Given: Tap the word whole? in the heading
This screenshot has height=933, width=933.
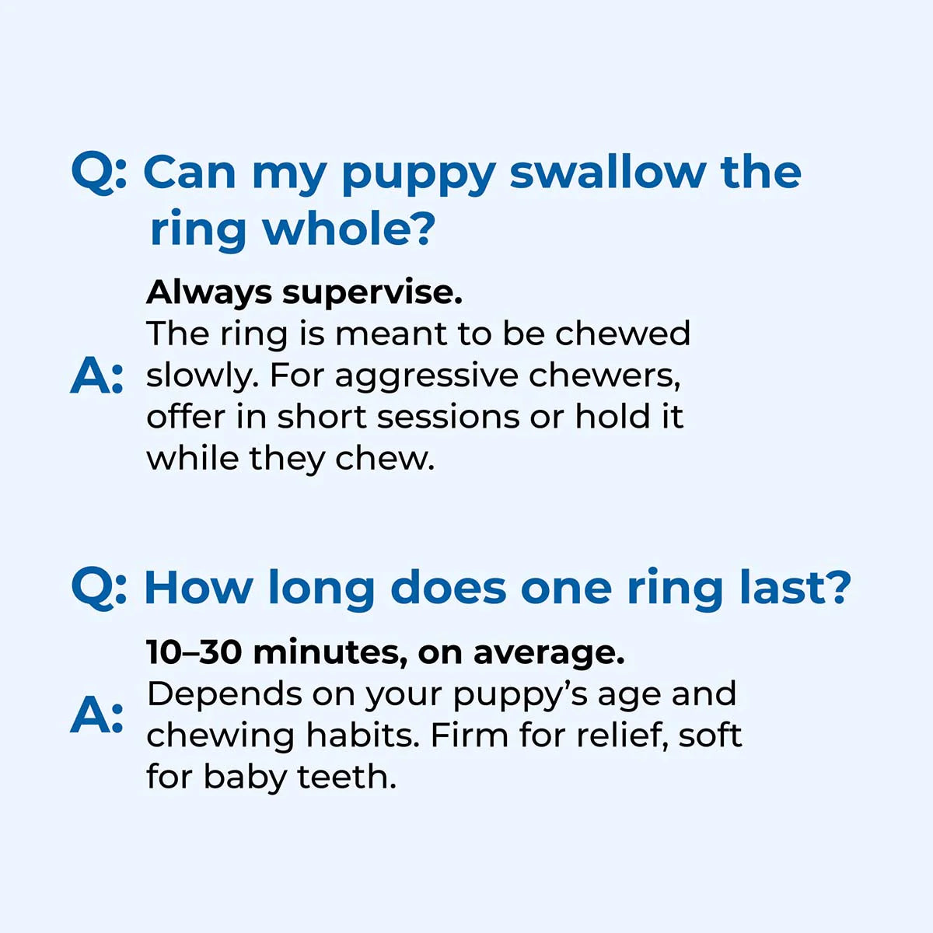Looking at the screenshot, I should [x=348, y=229].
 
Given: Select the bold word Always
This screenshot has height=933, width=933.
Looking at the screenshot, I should [x=209, y=293].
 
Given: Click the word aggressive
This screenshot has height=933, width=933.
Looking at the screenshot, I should [x=426, y=376].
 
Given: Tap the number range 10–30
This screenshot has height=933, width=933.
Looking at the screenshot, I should [x=194, y=652].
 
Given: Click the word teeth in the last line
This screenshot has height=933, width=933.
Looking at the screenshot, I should [x=347, y=777].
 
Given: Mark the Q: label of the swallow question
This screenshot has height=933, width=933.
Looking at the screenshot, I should [x=99, y=173].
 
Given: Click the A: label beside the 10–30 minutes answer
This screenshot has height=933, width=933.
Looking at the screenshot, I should [x=96, y=716].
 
